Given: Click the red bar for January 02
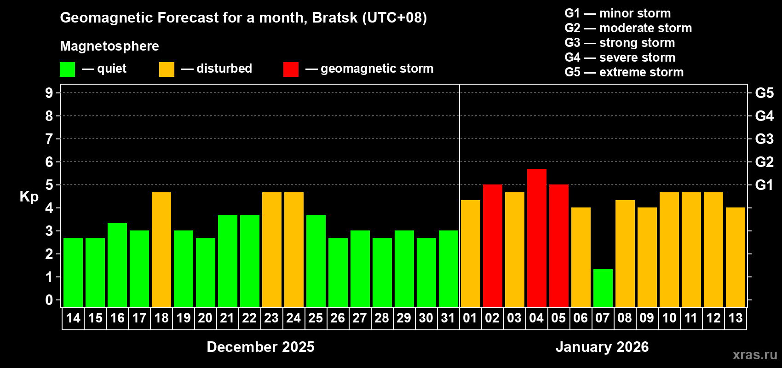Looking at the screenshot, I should click(492, 246).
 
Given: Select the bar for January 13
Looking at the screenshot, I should click(735, 257).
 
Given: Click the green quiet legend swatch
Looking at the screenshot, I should click(68, 69).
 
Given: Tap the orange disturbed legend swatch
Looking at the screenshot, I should click(167, 69).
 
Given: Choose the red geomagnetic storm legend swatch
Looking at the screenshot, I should click(291, 69).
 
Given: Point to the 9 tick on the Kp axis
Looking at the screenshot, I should click(49, 93).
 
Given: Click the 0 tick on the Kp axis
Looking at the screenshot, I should click(49, 300).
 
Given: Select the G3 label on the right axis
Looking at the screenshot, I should click(764, 139).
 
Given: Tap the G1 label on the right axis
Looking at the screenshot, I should click(764, 185).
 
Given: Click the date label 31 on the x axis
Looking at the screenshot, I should click(448, 318).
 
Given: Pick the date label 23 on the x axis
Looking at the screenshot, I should click(271, 318).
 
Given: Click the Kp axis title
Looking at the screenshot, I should click(29, 196).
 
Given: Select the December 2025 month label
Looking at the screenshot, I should click(260, 347).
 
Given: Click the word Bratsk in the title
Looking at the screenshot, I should click(334, 17).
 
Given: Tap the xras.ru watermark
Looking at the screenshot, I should click(754, 354).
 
